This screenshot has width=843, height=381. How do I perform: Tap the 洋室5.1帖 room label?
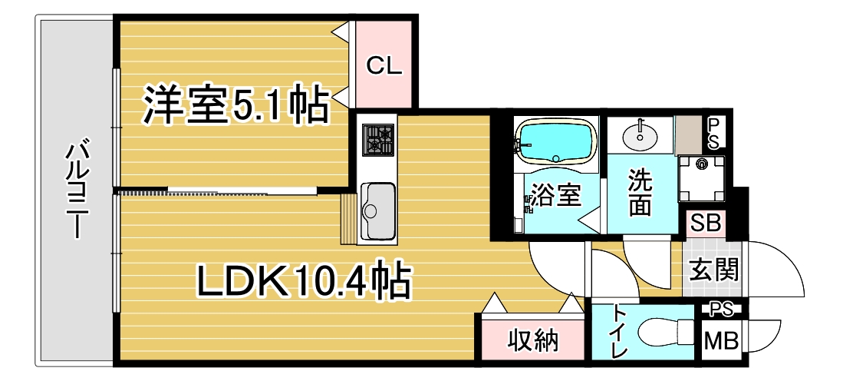(235, 105)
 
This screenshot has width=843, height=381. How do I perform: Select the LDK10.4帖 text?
(304, 280)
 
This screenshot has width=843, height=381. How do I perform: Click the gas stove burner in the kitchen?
(378, 140)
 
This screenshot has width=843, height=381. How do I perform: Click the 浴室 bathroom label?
(556, 196)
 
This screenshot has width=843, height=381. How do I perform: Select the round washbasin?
(640, 135)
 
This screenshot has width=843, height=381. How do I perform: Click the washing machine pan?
(701, 179)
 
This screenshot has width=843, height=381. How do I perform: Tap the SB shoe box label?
(706, 223)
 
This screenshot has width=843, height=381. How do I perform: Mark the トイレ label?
(621, 330)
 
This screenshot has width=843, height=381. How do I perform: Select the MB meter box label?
(721, 340)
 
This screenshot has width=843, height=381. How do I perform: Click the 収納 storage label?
(533, 340)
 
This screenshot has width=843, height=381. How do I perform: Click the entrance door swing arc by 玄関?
(788, 257)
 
